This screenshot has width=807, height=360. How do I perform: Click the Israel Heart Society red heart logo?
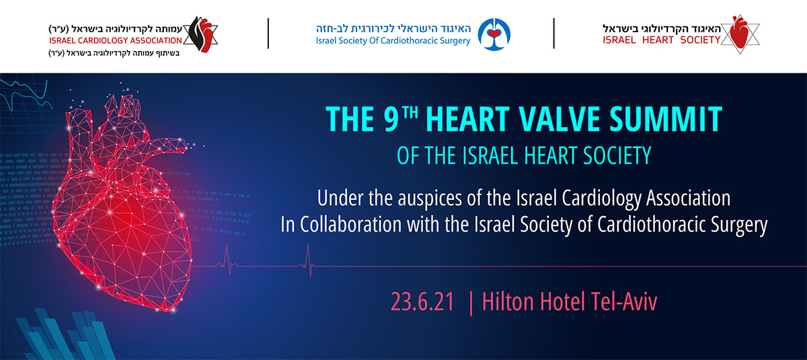pyautogui.click(x=740, y=34)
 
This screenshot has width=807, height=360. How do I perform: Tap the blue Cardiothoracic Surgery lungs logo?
pyautogui.click(x=494, y=34)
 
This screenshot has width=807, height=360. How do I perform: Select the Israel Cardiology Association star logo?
pyautogui.click(x=200, y=34)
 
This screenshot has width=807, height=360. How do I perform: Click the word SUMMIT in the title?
pyautogui.click(x=666, y=119)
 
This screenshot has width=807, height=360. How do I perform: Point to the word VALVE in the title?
pyautogui.click(x=560, y=119)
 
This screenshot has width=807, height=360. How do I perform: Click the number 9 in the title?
pyautogui.click(x=391, y=119)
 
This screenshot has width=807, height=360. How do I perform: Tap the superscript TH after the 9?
pyautogui.click(x=410, y=112)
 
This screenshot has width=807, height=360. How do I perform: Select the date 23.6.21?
pyautogui.click(x=422, y=302)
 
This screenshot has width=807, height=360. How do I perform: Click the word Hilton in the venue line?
pyautogui.click(x=508, y=301)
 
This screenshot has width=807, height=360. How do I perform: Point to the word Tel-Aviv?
pyautogui.click(x=624, y=301)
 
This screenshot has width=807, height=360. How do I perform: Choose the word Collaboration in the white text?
pyautogui.click(x=350, y=225)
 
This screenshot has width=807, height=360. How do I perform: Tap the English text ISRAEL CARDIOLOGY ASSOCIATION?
pyautogui.click(x=116, y=40)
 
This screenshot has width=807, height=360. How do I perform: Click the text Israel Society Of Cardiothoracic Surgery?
pyautogui.click(x=393, y=41)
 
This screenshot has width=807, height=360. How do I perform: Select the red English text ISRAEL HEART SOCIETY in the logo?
pyautogui.click(x=662, y=40)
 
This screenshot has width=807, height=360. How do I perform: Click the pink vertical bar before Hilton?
pyautogui.click(x=471, y=303)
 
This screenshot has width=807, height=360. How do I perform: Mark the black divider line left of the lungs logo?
pyautogui.click(x=268, y=34)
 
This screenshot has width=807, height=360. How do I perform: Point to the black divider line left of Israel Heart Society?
pyautogui.click(x=553, y=34)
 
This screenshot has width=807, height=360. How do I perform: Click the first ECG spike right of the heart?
pyautogui.click(x=228, y=260)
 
